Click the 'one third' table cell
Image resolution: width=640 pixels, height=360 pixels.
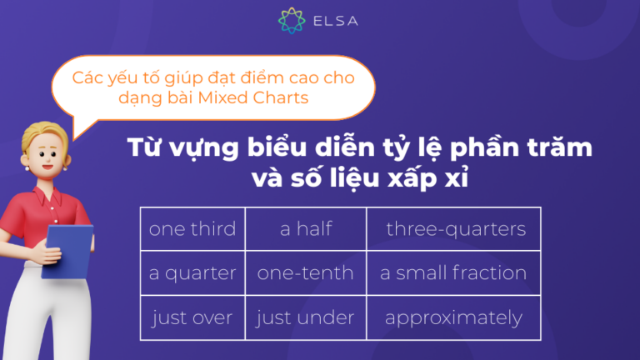point(192,229)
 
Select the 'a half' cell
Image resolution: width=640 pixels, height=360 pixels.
point(306,229)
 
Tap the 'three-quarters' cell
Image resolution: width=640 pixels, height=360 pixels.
point(455,229)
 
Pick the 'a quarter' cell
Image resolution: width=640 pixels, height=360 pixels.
point(192,273)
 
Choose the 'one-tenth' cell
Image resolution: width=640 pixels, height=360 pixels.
point(306,273)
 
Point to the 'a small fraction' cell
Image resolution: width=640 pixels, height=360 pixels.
point(453,273)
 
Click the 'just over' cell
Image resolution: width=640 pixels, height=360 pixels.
point(192,317)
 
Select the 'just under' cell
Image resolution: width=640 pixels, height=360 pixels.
point(306,317)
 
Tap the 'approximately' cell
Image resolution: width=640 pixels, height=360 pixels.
point(453,317)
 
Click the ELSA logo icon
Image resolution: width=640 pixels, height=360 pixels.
point(292,21)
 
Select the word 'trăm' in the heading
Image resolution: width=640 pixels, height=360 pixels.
point(561,149)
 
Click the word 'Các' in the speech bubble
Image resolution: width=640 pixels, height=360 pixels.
point(87,79)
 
